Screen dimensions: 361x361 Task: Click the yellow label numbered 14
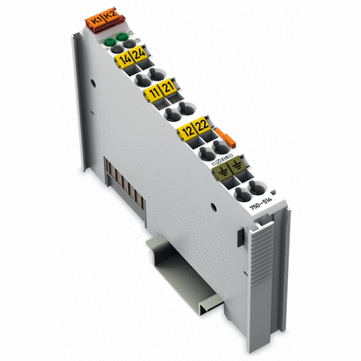point(124,59)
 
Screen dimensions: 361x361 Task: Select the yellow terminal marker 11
point(155,93)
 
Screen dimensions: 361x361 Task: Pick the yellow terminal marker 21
point(170,90)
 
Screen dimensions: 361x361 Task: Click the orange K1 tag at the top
point(99,16)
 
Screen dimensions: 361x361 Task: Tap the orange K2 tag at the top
point(113,14)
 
